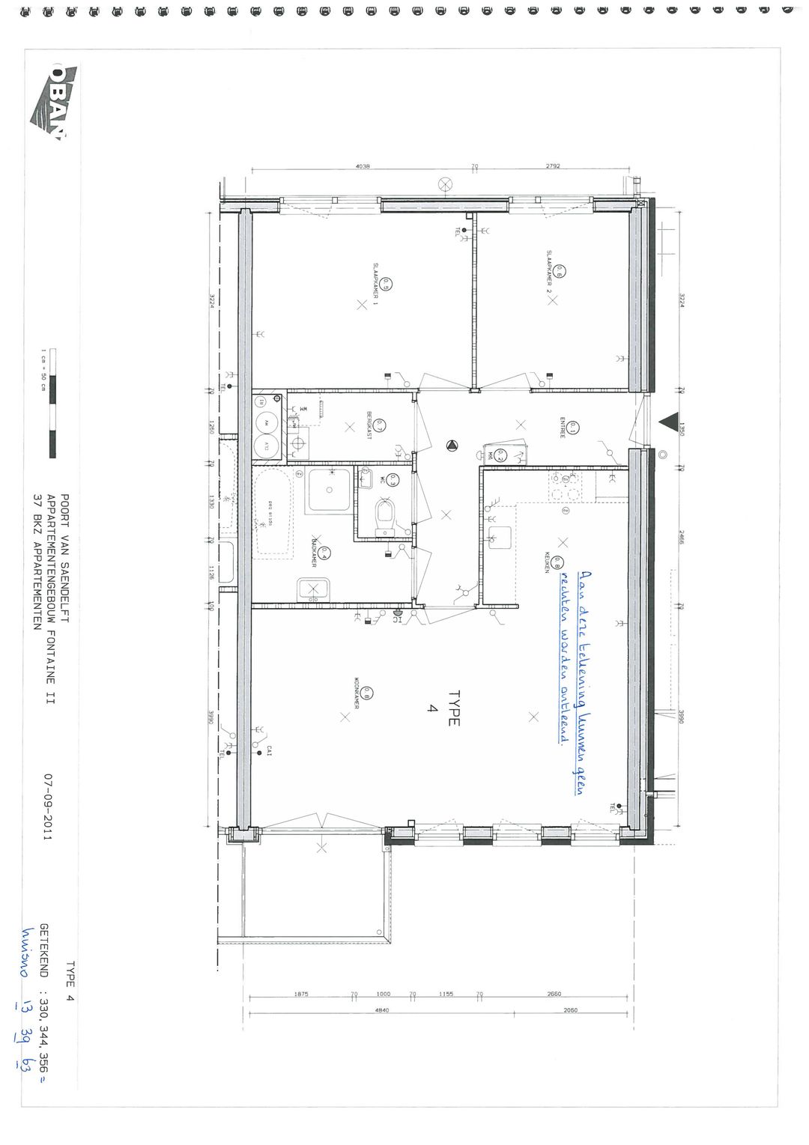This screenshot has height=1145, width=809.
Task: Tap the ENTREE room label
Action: pos(562,428)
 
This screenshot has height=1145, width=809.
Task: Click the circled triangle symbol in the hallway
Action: pos(452,447)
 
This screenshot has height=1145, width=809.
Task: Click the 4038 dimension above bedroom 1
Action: pos(363,166)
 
